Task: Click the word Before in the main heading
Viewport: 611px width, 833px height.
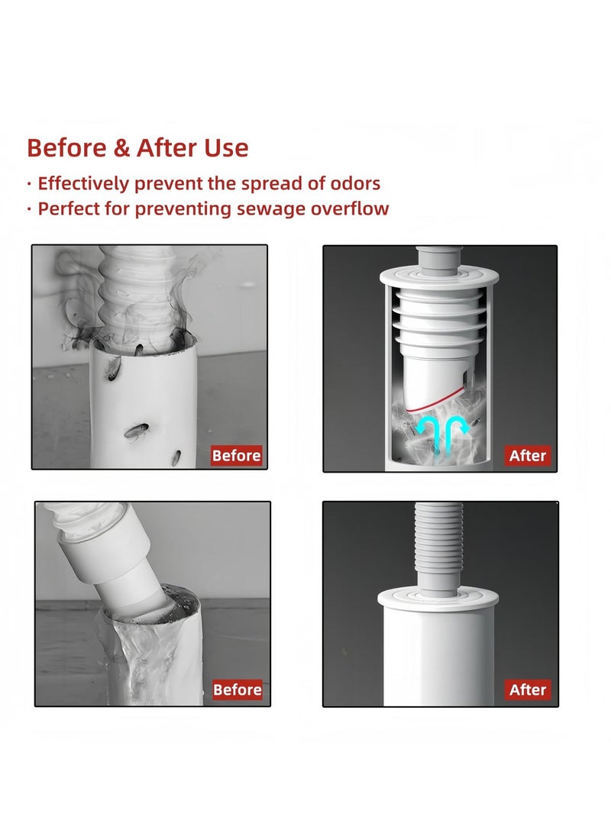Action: [x=66, y=147]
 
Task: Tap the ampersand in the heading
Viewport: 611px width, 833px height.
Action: [x=121, y=148]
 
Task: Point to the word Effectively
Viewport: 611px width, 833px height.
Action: [x=83, y=183]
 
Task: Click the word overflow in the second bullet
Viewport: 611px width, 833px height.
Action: [x=350, y=208]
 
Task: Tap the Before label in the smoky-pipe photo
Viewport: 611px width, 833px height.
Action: [x=237, y=455]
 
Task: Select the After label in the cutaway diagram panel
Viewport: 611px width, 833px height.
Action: [x=527, y=455]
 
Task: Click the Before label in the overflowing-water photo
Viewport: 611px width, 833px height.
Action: [x=238, y=689]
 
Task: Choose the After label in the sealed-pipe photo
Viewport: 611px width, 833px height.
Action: [x=527, y=689]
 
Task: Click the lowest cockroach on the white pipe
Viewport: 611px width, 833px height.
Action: [x=176, y=457]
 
